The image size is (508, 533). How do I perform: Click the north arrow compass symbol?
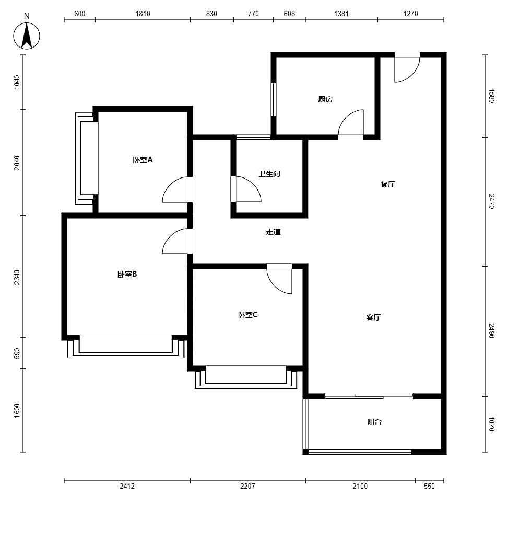click(x=27, y=35)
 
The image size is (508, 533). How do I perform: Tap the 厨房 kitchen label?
click(x=325, y=99)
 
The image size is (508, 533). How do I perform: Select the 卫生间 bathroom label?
click(x=269, y=174)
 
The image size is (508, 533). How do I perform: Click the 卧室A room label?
click(x=143, y=160)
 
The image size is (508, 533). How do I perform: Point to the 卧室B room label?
click(x=127, y=274)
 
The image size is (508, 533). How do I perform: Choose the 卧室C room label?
click(x=247, y=315)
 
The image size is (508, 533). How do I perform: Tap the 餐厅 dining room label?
click(x=387, y=184)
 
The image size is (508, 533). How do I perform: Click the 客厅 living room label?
click(x=373, y=317)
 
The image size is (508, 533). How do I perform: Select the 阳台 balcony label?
click(x=374, y=422)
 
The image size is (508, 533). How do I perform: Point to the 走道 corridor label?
click(x=273, y=232)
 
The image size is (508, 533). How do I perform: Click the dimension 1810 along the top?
click(x=143, y=14)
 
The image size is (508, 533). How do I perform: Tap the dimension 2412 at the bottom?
click(x=127, y=486)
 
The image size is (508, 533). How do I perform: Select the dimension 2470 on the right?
click(x=491, y=201)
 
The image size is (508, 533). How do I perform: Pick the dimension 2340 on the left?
click(x=17, y=277)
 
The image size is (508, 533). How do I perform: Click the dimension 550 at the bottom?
click(x=429, y=486)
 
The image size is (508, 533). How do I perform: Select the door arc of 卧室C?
click(x=275, y=286)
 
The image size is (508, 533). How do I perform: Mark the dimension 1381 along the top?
click(x=341, y=14)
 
